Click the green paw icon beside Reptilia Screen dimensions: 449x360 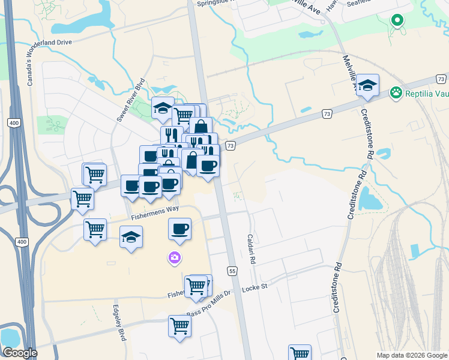pyautogui.click(x=396, y=92)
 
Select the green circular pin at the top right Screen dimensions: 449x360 pyautogui.click(x=397, y=20)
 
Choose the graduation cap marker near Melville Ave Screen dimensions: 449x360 pyautogui.click(x=367, y=85)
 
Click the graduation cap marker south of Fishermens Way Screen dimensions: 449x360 pyautogui.click(x=131, y=237)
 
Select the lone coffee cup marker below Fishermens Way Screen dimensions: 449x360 pyautogui.click(x=179, y=228)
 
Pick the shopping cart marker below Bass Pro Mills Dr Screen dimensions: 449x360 pyautogui.click(x=179, y=326)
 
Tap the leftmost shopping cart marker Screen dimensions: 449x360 pyautogui.click(x=82, y=199)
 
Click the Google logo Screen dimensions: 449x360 pyautogui.click(x=20, y=353)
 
